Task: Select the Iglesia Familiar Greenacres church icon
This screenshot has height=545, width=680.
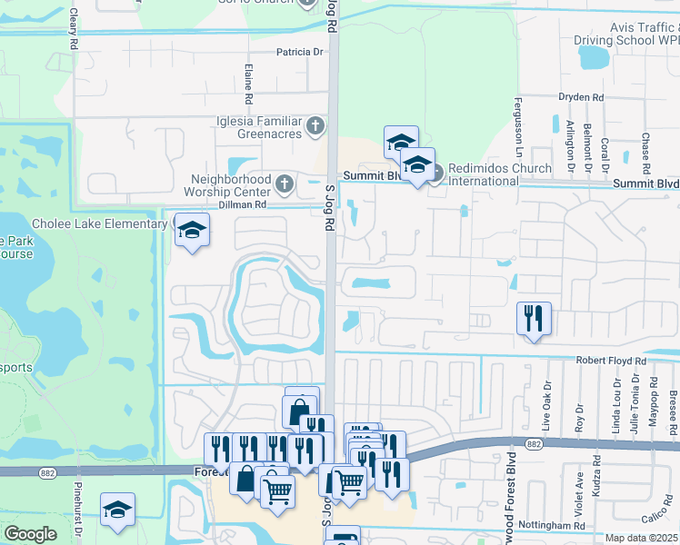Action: (x=315, y=126)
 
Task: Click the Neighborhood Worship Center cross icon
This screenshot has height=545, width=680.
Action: (x=284, y=185)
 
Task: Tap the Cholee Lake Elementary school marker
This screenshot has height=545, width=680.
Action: (x=192, y=231)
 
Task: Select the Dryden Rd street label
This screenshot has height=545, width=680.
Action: (x=583, y=97)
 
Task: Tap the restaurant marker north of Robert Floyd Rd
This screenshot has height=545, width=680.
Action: (x=533, y=318)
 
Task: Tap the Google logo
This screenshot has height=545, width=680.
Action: (x=30, y=534)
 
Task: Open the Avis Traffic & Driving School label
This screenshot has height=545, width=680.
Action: (x=626, y=34)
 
